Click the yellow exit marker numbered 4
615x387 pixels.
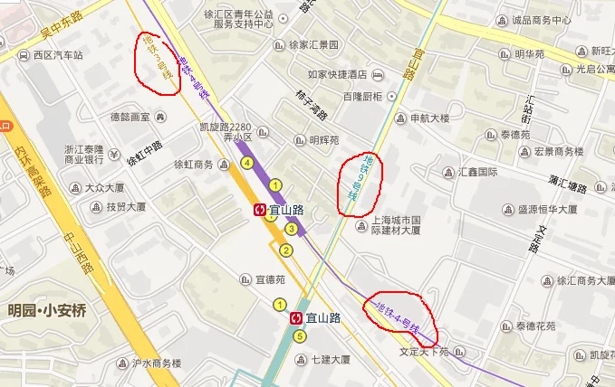[x=246, y=163]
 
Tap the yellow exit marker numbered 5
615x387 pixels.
[x=301, y=337]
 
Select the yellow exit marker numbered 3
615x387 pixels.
[x=292, y=228]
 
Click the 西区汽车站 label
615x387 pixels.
[x=58, y=55]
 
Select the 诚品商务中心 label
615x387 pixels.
[x=541, y=20]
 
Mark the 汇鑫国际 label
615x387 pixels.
[x=477, y=172]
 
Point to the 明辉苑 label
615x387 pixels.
[x=322, y=140]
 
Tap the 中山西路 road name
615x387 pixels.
[x=79, y=254]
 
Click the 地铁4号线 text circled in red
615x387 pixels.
[x=399, y=310]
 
